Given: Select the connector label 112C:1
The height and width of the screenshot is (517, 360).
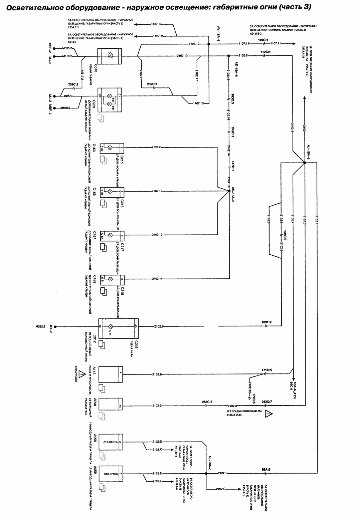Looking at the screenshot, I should click(x=265, y=52).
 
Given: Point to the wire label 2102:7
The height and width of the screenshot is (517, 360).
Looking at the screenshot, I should click(x=156, y=147).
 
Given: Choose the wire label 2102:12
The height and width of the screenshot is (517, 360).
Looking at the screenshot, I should click(x=157, y=191).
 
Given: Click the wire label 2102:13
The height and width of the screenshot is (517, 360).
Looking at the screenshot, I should click(x=157, y=235).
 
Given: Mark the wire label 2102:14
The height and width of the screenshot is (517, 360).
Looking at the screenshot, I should click(x=157, y=278).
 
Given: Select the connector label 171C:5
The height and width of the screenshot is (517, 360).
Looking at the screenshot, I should click(x=266, y=370).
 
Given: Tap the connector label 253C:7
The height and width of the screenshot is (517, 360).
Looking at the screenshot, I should click(x=207, y=402).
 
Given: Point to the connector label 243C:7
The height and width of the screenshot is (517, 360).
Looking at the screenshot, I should click(x=267, y=402).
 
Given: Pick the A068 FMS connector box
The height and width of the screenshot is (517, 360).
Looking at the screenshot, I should click(x=111, y=406).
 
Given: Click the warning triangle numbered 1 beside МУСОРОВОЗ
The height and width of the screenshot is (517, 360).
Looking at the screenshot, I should click(x=80, y=374).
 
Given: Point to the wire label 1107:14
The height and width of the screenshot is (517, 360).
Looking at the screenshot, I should click(x=156, y=24).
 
